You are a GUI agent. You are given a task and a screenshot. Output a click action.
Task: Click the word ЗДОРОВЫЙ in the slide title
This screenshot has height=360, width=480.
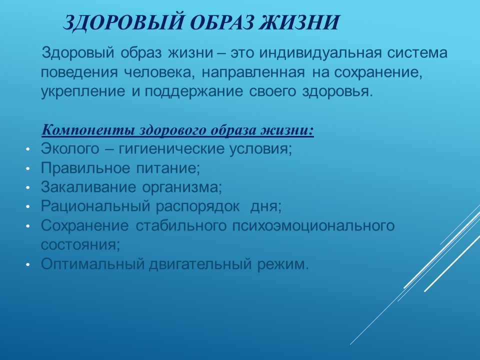pos(123,22)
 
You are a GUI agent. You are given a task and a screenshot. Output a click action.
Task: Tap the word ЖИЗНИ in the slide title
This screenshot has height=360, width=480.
pos(299,22)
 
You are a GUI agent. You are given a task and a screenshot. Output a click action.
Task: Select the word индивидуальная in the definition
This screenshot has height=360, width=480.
pos(320,53)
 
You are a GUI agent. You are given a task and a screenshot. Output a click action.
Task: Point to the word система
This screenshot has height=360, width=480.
pos(417,52)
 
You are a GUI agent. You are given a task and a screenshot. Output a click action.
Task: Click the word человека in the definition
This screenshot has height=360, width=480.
pos(159,73)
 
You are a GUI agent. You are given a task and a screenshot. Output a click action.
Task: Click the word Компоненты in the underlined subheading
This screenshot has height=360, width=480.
pos(88,130)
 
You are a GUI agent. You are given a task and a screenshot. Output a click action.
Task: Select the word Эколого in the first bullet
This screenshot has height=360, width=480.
pos(70,149)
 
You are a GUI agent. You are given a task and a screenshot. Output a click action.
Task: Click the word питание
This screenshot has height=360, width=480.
pos(168,168)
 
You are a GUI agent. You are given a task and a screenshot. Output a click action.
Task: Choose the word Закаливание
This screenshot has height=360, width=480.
pos(88,187)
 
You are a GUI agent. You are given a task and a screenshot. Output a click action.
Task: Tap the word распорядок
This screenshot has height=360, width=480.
pos(198,207)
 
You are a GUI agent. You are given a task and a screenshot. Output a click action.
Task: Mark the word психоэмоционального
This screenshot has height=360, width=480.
pos(313,226)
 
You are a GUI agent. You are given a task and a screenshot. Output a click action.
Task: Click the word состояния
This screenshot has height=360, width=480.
pos(80,245)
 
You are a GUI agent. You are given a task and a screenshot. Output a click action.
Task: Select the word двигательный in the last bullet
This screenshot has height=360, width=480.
pos(200,264)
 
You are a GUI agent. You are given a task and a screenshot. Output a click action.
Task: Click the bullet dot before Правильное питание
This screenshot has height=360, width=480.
pos(28,168)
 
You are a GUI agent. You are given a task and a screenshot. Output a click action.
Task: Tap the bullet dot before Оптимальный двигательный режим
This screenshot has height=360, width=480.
pos(28,264)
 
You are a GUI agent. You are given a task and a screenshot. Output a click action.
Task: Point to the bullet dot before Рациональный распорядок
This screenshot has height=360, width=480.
pos(28,207)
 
